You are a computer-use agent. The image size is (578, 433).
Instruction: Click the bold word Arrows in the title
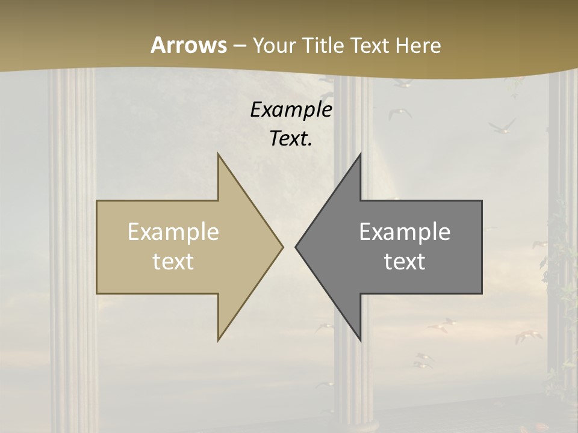[x=188, y=45]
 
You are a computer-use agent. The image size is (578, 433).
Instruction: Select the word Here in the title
[x=418, y=46]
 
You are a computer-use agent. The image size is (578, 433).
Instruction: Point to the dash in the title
[x=239, y=46]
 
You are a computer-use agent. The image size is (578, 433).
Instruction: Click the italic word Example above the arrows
[x=291, y=109]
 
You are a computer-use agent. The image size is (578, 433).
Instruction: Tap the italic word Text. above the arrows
[x=291, y=138]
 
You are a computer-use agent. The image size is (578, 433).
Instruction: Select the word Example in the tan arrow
[x=173, y=232]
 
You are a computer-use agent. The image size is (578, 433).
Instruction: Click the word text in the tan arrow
[x=173, y=261]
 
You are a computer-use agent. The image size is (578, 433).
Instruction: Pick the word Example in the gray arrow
[x=405, y=232]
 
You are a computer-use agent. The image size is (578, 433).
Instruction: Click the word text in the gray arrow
[x=405, y=261]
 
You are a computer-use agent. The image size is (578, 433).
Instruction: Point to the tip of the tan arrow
[x=282, y=247]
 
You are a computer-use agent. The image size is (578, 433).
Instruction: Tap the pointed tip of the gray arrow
[x=296, y=247]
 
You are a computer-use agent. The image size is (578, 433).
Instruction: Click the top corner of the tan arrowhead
[x=218, y=154]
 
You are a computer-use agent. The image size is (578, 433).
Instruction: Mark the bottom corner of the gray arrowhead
[x=360, y=340]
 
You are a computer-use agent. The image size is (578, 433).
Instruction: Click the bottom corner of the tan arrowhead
[x=218, y=340]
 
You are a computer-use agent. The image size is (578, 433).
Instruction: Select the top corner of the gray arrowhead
[x=360, y=154]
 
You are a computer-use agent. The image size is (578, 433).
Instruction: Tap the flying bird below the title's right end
[x=502, y=126]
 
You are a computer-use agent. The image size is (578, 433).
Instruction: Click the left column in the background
[x=73, y=241]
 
